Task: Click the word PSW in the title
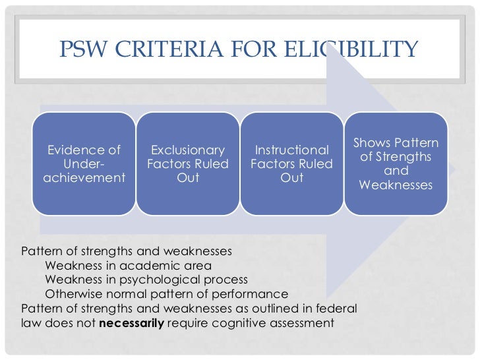coord(83,49)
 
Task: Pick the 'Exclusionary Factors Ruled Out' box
coord(187,164)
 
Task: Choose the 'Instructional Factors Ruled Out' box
coord(291,164)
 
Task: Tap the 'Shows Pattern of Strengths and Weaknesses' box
coord(396,164)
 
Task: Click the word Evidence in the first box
coord(75,150)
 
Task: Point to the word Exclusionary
coord(188,150)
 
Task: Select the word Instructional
coord(292,150)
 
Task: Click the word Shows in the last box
coord(373,143)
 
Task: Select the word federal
coord(339,309)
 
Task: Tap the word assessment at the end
coord(303,323)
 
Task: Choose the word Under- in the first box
coord(84,164)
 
